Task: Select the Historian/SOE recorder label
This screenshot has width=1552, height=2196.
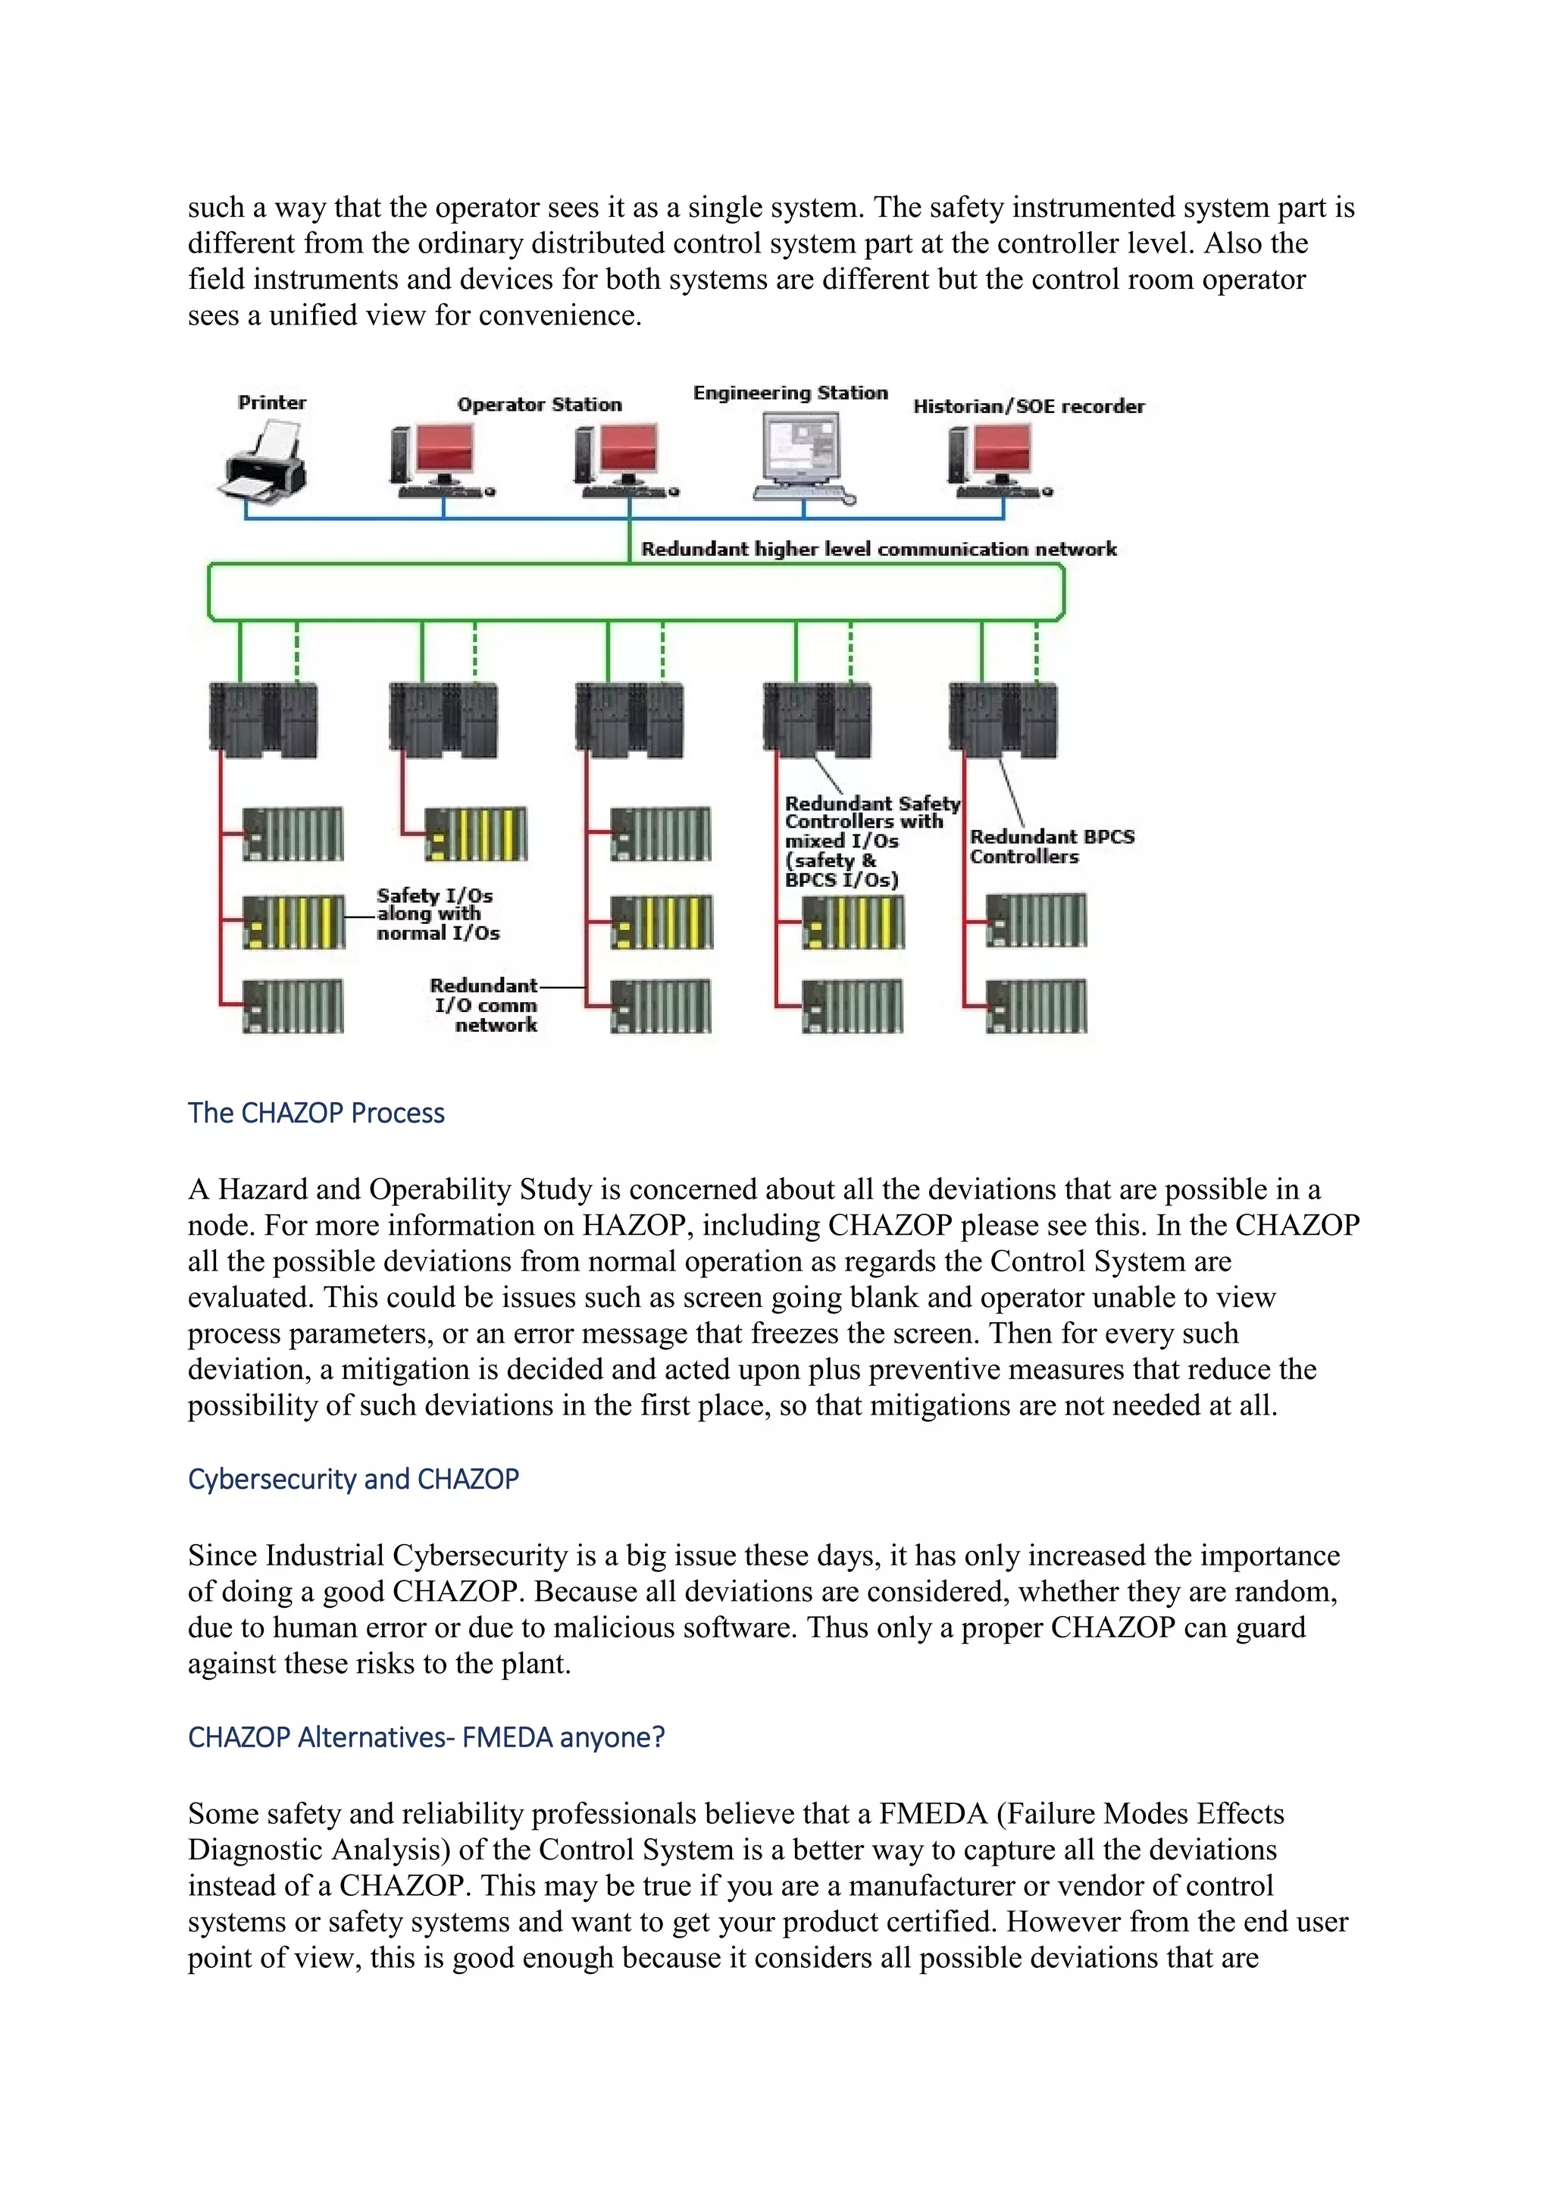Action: (x=1028, y=406)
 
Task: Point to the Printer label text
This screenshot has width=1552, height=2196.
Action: (x=271, y=402)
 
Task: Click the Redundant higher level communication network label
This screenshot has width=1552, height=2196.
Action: (x=878, y=548)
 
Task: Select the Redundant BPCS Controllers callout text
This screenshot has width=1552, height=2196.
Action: (x=1050, y=847)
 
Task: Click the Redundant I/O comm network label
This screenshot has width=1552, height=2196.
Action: (x=486, y=1004)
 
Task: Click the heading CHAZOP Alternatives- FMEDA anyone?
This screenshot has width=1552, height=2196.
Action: (x=426, y=1736)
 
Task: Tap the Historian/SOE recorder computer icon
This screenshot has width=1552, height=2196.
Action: (x=994, y=462)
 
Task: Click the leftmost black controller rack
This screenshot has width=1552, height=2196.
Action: (x=263, y=719)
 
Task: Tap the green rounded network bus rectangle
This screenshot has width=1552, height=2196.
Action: (x=635, y=592)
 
